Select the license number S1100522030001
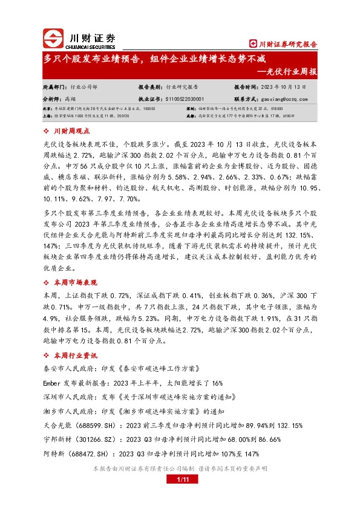184,98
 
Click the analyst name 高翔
69,98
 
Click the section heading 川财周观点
71,130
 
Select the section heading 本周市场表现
75,282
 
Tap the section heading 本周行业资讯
75,355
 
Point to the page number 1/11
180,479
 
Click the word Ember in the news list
53,383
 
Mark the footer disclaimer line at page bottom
180,468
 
